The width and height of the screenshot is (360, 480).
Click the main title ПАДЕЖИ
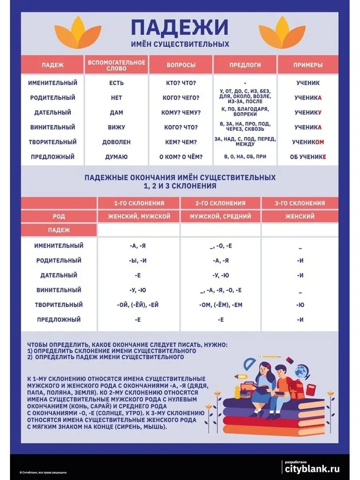[x=180, y=27]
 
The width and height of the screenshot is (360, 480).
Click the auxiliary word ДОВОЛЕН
[x=116, y=142]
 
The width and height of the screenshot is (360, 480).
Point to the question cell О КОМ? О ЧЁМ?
[x=181, y=157]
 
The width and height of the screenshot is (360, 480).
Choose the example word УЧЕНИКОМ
[x=308, y=142]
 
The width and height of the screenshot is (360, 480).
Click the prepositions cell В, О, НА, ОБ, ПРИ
[x=245, y=157]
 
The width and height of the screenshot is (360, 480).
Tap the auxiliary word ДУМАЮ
[x=116, y=157]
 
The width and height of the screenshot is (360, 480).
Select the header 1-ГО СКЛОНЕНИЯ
[x=139, y=203]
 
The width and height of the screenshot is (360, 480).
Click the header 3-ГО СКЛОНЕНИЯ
[x=300, y=203]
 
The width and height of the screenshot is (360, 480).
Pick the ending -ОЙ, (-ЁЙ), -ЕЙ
[x=139, y=305]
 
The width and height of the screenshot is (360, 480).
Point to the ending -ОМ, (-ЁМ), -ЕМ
[x=220, y=305]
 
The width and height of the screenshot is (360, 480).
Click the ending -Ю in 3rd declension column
[x=300, y=305]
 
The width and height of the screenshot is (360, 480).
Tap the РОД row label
[x=59, y=216]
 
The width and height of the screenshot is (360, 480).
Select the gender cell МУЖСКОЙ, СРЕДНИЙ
[x=220, y=216]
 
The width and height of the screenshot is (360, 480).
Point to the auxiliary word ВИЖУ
[x=116, y=127]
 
